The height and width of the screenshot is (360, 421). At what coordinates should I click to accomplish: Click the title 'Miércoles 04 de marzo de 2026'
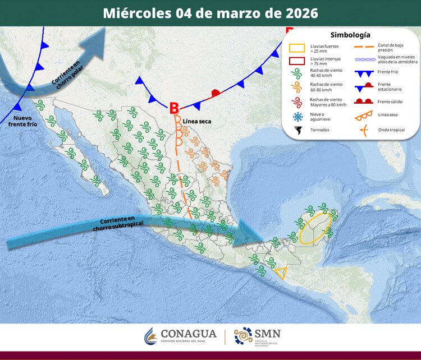(210, 13)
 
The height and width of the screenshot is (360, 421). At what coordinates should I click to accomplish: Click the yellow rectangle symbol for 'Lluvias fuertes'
(297, 48)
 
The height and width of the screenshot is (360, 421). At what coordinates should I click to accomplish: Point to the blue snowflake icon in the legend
(297, 117)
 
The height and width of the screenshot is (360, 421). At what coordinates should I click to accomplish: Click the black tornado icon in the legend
(297, 130)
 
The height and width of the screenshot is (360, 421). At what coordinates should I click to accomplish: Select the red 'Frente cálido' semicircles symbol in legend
(365, 101)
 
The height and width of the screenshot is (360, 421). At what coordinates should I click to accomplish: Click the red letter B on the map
(174, 107)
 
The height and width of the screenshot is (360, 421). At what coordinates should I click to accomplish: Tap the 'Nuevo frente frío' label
(22, 121)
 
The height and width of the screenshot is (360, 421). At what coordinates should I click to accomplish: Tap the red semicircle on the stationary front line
(214, 93)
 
